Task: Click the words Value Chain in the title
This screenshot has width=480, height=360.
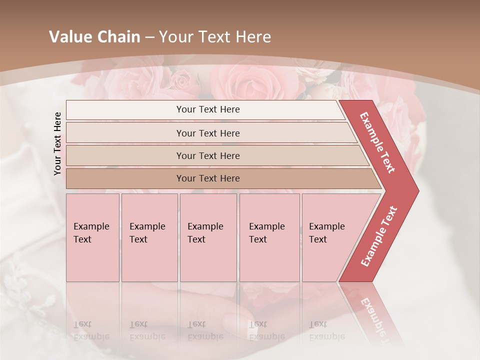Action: [94, 37]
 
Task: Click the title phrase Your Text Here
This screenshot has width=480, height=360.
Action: [215, 37]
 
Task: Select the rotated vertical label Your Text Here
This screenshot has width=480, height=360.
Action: [57, 143]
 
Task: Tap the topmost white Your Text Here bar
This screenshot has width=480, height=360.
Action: [208, 109]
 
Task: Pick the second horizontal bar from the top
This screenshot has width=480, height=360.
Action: [208, 133]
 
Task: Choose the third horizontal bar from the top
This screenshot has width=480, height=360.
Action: [208, 155]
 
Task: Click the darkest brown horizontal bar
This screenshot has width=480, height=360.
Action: [208, 178]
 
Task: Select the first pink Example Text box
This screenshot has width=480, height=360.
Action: [92, 237]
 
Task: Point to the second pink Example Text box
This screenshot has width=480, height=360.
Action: [149, 237]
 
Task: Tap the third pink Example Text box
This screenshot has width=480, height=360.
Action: [208, 237]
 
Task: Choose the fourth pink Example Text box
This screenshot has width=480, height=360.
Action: [269, 237]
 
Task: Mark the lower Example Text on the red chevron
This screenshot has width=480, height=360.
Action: [379, 236]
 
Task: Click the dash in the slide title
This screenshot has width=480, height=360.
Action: [149, 37]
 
